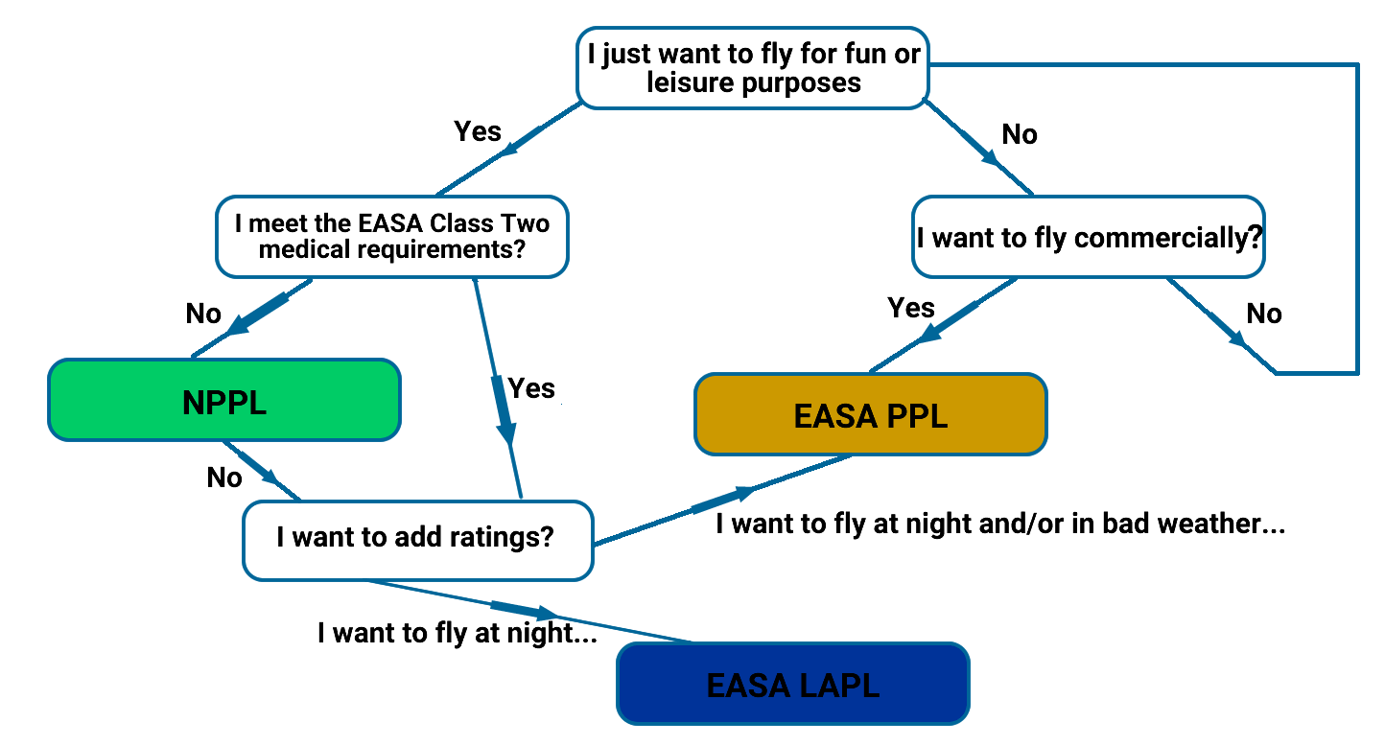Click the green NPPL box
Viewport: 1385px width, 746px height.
tap(224, 400)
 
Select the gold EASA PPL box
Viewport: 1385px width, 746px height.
tap(871, 414)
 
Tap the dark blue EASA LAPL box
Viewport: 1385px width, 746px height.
tap(793, 684)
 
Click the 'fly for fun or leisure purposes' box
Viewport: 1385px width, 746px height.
tap(753, 68)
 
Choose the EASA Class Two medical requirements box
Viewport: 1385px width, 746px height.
tap(392, 237)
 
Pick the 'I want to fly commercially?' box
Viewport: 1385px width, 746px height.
tap(1089, 237)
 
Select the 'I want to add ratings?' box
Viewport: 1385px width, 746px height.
tap(418, 541)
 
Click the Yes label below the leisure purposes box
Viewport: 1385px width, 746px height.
tap(478, 131)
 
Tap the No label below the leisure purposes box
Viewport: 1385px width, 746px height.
tap(1020, 134)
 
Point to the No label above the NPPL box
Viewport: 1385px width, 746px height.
tap(203, 314)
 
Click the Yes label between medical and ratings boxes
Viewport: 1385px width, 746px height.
tap(531, 388)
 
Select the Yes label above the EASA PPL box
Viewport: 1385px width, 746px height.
tap(911, 307)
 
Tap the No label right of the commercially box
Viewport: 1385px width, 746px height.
tap(1264, 314)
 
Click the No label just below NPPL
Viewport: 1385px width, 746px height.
tap(224, 478)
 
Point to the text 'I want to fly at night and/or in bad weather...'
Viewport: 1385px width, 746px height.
tap(1000, 524)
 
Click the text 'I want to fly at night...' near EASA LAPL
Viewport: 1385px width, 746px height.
tap(458, 633)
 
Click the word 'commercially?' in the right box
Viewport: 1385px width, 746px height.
tap(1168, 238)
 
